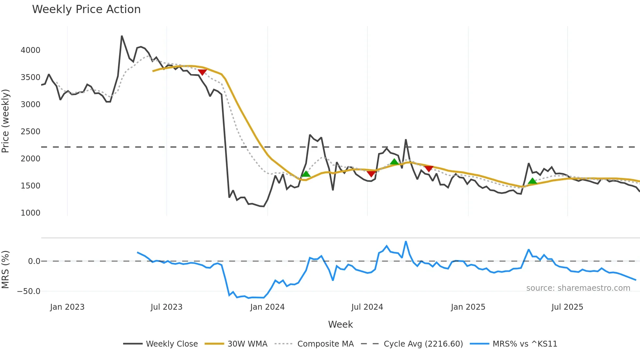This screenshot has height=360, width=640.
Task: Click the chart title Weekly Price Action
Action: tap(86, 9)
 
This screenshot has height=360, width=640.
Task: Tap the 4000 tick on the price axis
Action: tap(30, 50)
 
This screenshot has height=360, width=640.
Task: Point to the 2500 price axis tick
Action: tap(30, 132)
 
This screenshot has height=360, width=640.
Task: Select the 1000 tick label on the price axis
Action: tap(30, 213)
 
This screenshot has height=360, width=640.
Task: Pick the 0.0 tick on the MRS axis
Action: tap(34, 261)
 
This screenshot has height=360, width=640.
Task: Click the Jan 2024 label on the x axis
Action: tap(267, 307)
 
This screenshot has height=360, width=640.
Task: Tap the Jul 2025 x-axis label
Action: tap(567, 307)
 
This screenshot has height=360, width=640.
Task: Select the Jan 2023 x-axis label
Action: tap(67, 307)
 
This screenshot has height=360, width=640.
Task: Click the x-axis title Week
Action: tap(340, 324)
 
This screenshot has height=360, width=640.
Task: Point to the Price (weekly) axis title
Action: tap(6, 121)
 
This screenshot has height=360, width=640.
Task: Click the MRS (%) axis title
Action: tap(6, 270)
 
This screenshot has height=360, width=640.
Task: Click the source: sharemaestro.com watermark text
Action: tap(578, 288)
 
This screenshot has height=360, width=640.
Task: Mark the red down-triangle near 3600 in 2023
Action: tap(202, 72)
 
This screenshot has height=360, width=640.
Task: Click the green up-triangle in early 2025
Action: tap(532, 181)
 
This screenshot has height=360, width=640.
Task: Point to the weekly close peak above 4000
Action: tap(122, 36)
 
